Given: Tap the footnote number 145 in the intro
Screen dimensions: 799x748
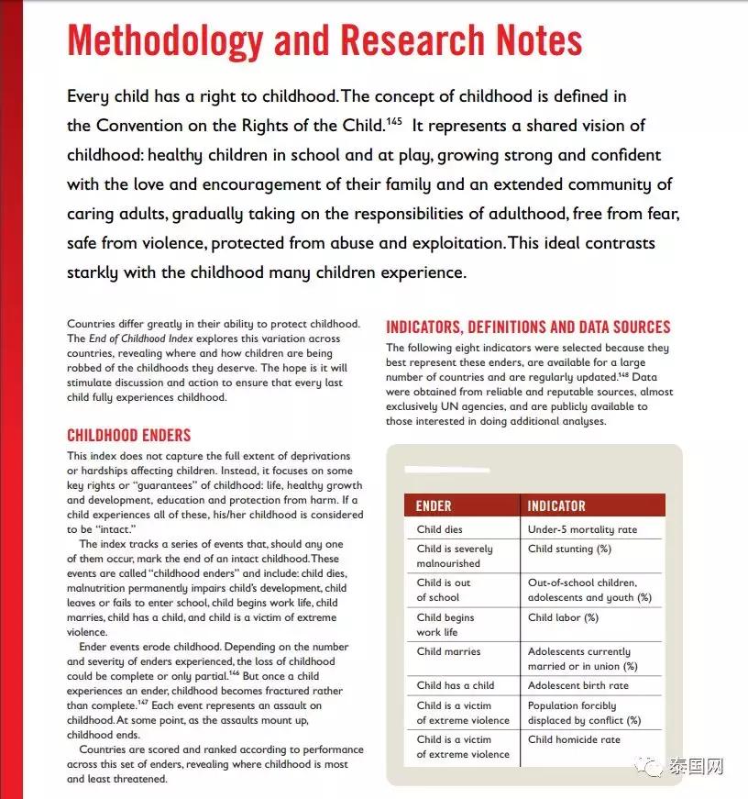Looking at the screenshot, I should point(394,119).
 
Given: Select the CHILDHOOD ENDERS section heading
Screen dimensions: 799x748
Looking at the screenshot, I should point(128,435).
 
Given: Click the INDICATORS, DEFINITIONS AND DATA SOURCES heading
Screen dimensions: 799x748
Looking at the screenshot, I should point(528,327).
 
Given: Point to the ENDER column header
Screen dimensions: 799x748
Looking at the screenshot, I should point(434,505).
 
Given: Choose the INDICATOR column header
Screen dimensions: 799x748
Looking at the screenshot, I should point(556,505).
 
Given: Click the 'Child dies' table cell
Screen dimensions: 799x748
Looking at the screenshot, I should point(440,529).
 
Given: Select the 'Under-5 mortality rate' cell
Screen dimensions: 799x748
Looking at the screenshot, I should point(582,529).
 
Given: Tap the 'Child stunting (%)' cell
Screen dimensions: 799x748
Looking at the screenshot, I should point(569,549).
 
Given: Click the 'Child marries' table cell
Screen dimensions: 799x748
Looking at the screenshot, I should point(448,651).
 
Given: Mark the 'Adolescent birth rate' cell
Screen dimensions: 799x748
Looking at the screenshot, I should point(578,685).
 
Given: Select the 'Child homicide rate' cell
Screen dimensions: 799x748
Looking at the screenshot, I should point(574,739).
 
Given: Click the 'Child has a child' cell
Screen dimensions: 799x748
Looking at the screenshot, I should point(456,685).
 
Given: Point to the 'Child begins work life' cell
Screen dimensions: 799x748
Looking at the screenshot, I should point(445,625).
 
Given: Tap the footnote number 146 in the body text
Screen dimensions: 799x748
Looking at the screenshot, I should point(234,671).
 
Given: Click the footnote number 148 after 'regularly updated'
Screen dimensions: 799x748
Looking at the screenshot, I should point(623,373).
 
